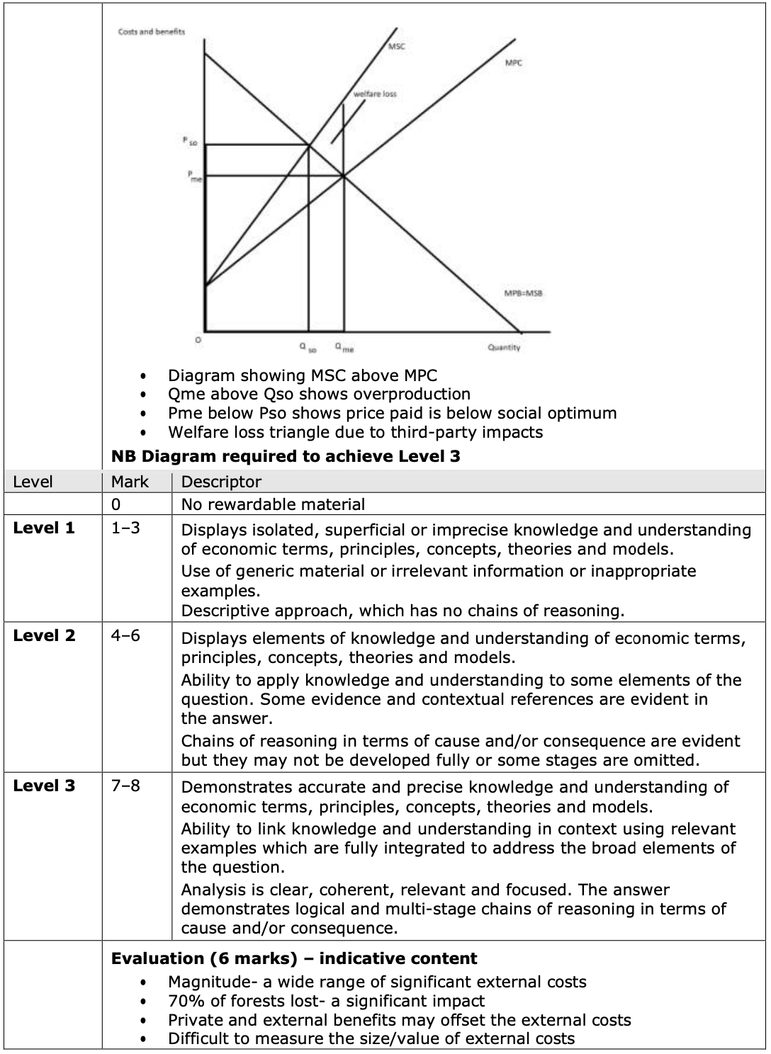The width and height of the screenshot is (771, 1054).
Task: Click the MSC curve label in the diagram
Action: (x=397, y=47)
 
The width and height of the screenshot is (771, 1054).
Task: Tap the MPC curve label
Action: (x=514, y=63)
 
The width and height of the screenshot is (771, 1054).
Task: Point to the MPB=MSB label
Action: (x=524, y=293)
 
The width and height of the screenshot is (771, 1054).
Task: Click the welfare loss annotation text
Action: (x=376, y=94)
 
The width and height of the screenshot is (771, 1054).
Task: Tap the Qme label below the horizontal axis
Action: (x=345, y=348)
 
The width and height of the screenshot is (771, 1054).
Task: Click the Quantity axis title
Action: (x=504, y=347)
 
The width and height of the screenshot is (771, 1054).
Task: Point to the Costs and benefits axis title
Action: (x=152, y=31)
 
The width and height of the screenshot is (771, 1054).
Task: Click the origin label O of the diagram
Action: (x=198, y=341)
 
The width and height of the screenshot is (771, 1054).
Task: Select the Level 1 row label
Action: (x=44, y=528)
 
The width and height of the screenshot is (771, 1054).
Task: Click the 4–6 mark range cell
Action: (x=125, y=635)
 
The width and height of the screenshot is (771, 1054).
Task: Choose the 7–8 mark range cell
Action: (x=125, y=786)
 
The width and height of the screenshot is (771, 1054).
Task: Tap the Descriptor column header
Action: (x=222, y=482)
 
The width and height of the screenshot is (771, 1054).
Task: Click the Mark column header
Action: (x=130, y=482)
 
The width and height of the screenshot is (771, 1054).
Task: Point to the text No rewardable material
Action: (x=273, y=504)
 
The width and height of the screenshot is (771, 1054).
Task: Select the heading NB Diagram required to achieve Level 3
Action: (x=286, y=456)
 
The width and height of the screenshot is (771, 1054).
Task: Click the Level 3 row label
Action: (x=44, y=786)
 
